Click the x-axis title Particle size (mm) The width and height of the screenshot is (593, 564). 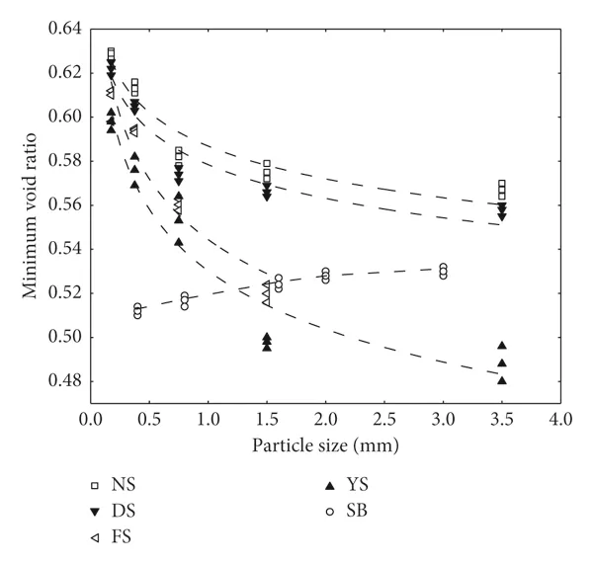point(326,445)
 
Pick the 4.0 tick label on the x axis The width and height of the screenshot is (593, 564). point(561,421)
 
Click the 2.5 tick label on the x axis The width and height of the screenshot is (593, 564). point(384,421)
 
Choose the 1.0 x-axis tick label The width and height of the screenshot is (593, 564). point(209,421)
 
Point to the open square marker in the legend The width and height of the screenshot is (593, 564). point(95,485)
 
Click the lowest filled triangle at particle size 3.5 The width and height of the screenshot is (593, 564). point(502,380)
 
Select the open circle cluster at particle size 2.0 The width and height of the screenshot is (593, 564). point(325,275)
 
